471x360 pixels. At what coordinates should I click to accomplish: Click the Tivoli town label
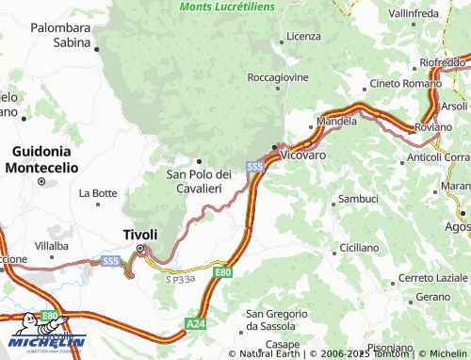139,235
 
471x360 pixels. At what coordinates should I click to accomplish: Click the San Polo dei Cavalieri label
199,181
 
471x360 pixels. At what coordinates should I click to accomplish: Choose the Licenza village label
303,36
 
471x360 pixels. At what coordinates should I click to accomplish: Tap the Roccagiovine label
278,76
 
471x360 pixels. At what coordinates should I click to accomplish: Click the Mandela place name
337,122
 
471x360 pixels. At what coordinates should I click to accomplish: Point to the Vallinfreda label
414,15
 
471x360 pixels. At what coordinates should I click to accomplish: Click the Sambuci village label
357,199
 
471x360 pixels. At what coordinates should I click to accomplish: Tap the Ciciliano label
358,247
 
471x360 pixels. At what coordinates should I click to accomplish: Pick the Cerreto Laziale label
432,278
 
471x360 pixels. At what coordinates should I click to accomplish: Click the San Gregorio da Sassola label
275,319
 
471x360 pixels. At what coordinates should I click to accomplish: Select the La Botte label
98,193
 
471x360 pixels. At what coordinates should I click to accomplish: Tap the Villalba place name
52,245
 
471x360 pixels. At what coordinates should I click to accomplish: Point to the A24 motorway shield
195,324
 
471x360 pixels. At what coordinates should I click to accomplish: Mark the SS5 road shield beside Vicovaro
255,167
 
